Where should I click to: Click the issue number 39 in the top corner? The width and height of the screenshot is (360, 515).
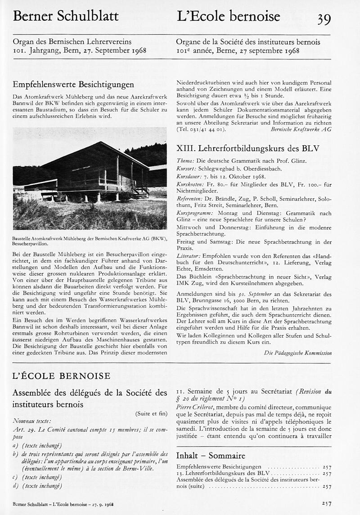324,18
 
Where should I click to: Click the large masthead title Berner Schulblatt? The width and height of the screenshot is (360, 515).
66,17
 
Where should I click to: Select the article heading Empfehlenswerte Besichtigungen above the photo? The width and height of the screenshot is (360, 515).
73,84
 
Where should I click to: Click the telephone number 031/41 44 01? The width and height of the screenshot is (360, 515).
206,129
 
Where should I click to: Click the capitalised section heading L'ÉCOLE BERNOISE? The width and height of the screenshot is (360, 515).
61,376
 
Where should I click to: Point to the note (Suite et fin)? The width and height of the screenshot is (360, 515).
151,413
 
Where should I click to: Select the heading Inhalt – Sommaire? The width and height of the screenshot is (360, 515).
211,455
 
